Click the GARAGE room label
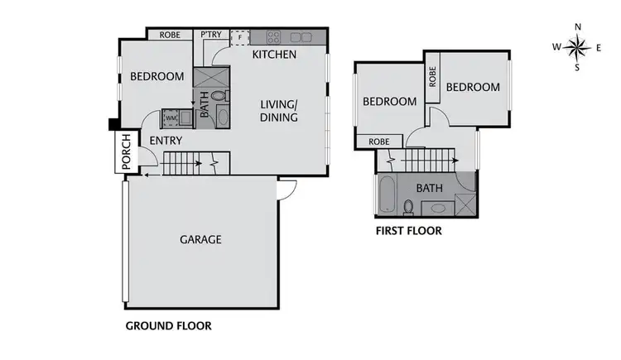[200, 240]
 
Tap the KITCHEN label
[274, 55]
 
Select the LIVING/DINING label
[279, 111]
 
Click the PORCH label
[126, 153]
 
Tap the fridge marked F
[240, 36]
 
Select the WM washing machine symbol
[171, 118]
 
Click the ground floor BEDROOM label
[156, 77]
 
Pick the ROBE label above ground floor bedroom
[170, 36]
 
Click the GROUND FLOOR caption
[168, 326]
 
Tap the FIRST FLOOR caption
[408, 231]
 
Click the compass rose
[577, 47]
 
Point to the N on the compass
[577, 26]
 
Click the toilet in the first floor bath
[408, 206]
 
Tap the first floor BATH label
[430, 188]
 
